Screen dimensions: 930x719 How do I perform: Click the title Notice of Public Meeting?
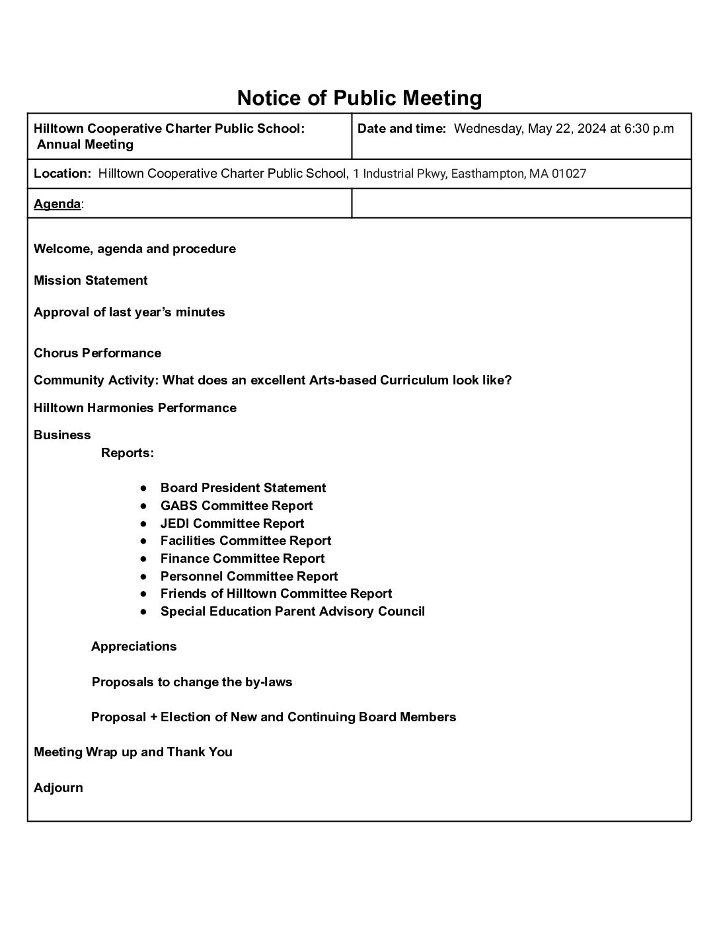(x=359, y=98)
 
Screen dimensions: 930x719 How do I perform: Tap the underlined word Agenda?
(x=57, y=204)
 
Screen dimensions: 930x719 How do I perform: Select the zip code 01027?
(x=569, y=174)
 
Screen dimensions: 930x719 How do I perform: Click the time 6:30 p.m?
(x=649, y=129)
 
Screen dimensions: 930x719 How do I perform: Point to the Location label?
(x=62, y=174)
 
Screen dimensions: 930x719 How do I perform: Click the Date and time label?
(x=402, y=129)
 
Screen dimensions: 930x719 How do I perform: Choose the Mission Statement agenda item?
(x=91, y=280)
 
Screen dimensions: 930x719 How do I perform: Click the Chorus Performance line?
(x=97, y=353)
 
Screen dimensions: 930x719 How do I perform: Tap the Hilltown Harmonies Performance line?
(x=135, y=408)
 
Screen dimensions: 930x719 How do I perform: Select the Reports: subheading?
(x=128, y=452)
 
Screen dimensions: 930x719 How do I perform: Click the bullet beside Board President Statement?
(x=143, y=488)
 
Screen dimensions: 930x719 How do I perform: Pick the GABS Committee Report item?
(x=236, y=505)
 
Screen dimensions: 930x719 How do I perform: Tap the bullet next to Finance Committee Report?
(x=143, y=559)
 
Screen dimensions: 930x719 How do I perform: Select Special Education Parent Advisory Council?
(x=292, y=611)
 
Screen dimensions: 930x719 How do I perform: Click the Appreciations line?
(x=134, y=646)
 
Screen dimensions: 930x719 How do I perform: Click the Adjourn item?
(x=58, y=787)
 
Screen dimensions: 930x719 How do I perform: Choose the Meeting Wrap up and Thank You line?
(x=133, y=752)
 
